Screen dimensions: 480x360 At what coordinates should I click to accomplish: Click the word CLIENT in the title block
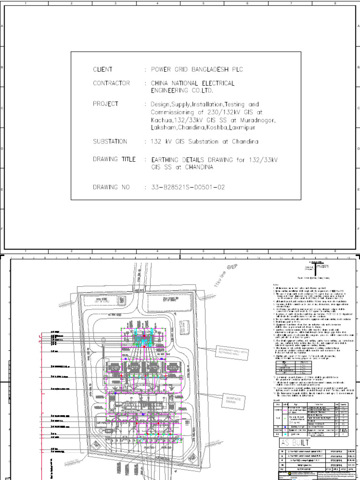[103, 69]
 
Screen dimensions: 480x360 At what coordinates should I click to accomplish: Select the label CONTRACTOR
[111, 83]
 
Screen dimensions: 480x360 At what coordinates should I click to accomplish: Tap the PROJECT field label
[105, 104]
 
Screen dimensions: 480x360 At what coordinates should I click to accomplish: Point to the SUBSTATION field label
[110, 141]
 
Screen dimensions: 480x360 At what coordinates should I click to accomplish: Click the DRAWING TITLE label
[114, 159]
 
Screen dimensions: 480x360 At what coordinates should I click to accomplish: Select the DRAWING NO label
[111, 187]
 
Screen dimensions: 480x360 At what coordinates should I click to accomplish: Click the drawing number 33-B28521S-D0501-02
[187, 187]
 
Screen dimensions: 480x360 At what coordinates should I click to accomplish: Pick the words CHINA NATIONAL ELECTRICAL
[192, 83]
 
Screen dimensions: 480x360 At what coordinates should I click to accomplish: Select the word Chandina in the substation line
[242, 141]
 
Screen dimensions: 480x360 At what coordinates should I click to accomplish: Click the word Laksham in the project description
[163, 127]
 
